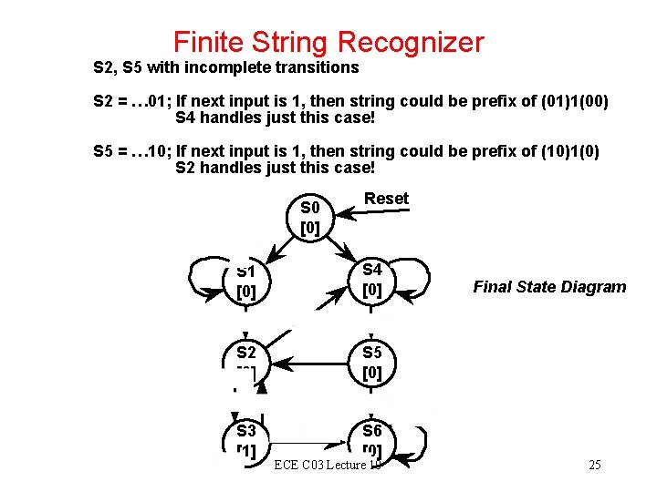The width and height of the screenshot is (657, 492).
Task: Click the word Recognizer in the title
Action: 410,42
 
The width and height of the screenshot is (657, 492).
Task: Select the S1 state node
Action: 245,282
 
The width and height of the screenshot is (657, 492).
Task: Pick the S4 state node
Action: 372,281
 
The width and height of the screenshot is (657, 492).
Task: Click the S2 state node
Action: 245,361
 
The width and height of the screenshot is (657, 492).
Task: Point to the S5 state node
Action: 372,362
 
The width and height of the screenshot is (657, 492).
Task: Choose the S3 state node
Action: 245,439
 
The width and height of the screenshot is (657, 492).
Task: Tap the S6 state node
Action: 372,439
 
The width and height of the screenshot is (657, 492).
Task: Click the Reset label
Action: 386,199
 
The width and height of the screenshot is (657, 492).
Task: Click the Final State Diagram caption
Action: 549,287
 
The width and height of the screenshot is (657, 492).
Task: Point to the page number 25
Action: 594,466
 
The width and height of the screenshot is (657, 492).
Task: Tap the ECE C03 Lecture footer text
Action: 327,466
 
